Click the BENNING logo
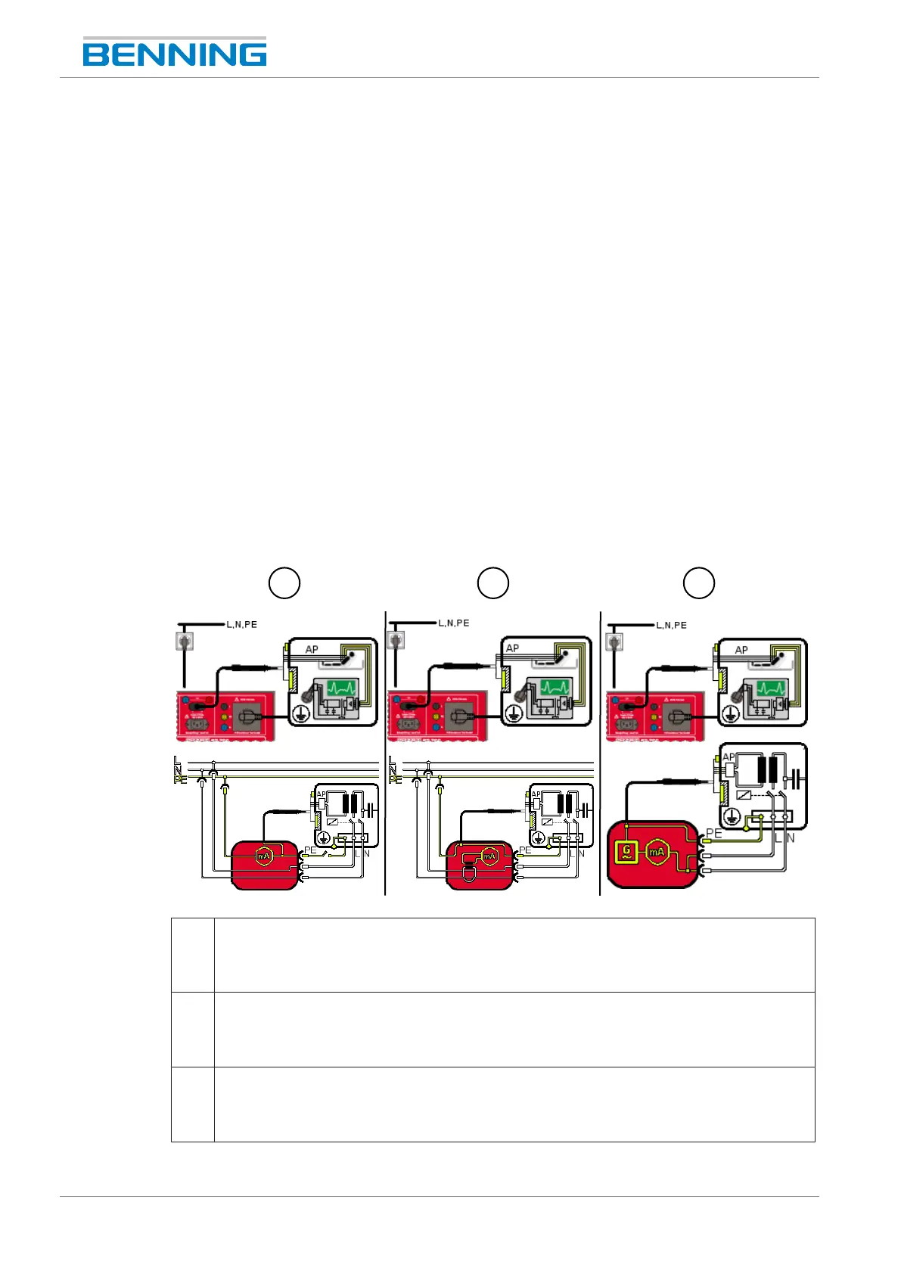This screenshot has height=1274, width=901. pos(175,53)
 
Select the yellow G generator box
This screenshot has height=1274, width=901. pos(627,852)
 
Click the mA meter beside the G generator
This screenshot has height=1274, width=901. pos(657,852)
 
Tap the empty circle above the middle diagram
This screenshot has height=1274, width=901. pos(492,583)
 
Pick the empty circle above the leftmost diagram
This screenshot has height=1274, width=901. pos(284,583)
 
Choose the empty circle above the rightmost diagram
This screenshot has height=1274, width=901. pos(699,583)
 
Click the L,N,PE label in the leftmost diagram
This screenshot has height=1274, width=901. pos(241,625)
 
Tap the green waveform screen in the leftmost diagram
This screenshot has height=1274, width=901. pos(342,689)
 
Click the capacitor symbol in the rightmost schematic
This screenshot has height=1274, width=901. pos(794,776)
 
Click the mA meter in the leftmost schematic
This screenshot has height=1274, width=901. pos(263,856)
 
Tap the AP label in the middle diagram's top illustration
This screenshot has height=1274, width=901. pos(512,648)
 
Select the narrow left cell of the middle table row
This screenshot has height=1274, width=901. pos(193,1029)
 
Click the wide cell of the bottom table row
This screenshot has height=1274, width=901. pos(514,1104)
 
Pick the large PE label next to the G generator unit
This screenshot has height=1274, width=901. pos(713,834)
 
